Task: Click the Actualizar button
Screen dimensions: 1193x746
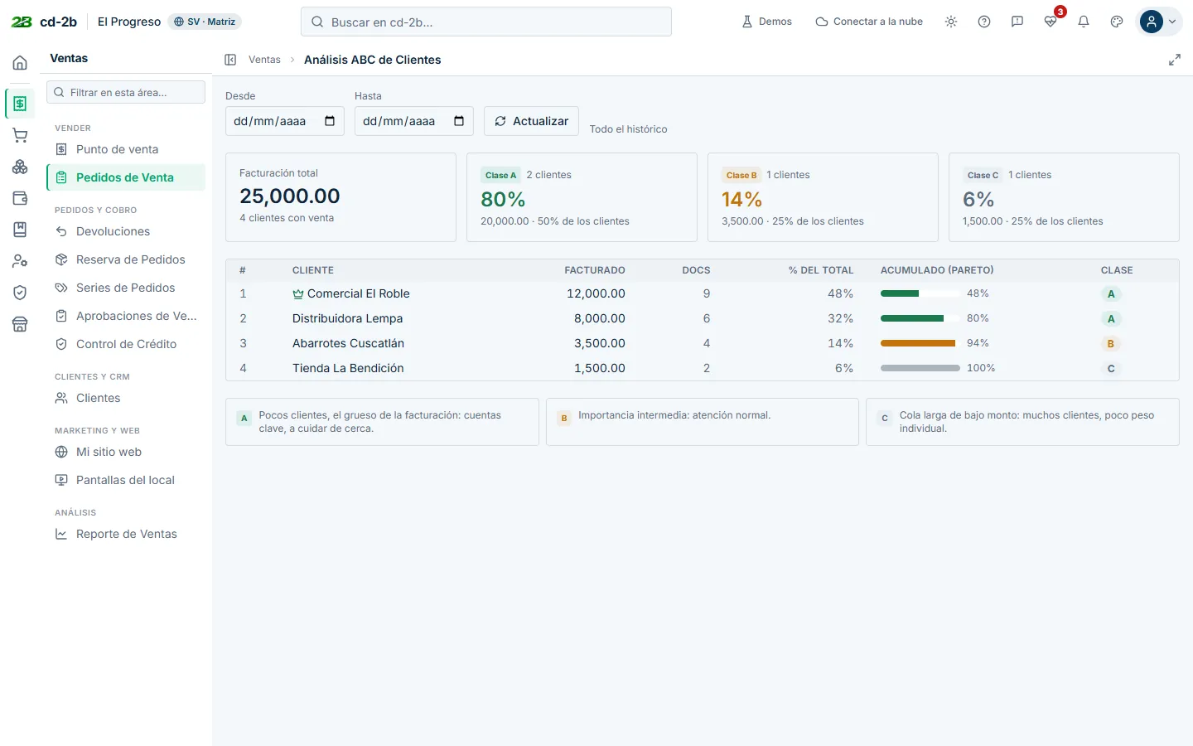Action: pyautogui.click(x=531, y=121)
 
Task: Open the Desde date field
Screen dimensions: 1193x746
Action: pyautogui.click(x=284, y=121)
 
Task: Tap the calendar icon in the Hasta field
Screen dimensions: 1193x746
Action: pyautogui.click(x=459, y=121)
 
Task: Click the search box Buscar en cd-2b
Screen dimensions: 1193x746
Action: pyautogui.click(x=485, y=22)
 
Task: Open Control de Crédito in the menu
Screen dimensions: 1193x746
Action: pyautogui.click(x=126, y=344)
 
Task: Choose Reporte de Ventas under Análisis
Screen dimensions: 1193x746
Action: pyautogui.click(x=126, y=534)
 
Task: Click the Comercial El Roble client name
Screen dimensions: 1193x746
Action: pyautogui.click(x=359, y=293)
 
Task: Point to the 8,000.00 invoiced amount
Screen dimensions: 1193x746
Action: pyautogui.click(x=599, y=318)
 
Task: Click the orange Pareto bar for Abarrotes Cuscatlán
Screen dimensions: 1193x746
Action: pyautogui.click(x=918, y=343)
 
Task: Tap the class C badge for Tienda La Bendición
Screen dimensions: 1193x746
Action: pyautogui.click(x=1110, y=368)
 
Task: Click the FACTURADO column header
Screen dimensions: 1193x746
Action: pyautogui.click(x=594, y=270)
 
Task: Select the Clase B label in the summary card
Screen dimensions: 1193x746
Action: pyautogui.click(x=741, y=176)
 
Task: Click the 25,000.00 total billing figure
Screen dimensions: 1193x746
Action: pyautogui.click(x=289, y=196)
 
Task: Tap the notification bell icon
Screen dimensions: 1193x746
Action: pyautogui.click(x=1084, y=22)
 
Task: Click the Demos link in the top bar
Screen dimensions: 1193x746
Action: pyautogui.click(x=767, y=22)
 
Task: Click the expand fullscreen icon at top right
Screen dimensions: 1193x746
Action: pyautogui.click(x=1175, y=60)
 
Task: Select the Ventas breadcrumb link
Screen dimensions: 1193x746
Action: pyautogui.click(x=264, y=60)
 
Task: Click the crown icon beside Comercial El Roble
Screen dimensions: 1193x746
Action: pyautogui.click(x=298, y=293)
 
